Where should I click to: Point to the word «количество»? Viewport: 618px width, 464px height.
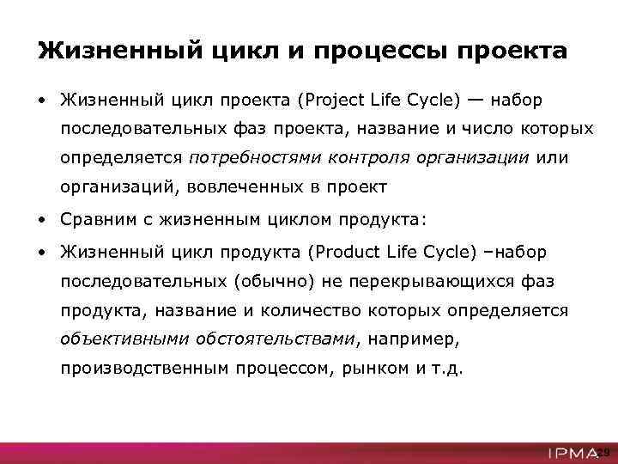pyautogui.click(x=315, y=310)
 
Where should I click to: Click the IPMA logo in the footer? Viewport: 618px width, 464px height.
pyautogui.click(x=571, y=452)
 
